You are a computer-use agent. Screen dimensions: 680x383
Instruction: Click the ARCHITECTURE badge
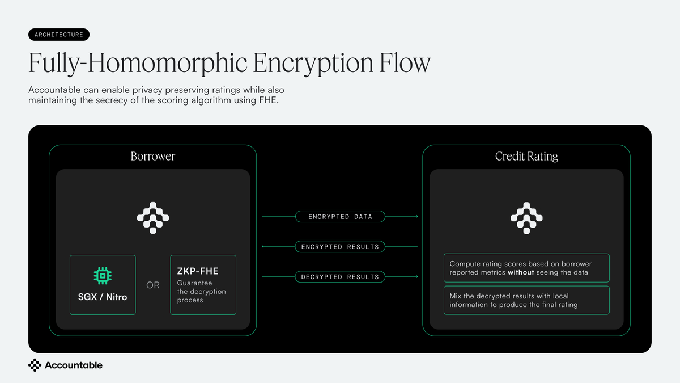pos(59,35)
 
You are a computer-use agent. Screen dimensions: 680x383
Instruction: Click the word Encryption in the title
pos(313,64)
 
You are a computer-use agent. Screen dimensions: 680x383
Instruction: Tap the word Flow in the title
pos(405,62)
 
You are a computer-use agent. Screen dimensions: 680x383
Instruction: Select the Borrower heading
pos(152,156)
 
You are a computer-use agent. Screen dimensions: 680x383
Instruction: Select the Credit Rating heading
pos(526,156)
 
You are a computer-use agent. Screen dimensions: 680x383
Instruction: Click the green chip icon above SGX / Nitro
pos(103,276)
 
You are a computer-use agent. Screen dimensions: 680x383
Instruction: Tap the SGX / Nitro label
pos(103,297)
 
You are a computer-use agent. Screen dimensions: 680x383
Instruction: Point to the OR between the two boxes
pos(152,285)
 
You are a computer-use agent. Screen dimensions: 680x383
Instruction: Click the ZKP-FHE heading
pos(198,271)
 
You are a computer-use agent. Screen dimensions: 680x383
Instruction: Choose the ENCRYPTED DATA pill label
pos(340,217)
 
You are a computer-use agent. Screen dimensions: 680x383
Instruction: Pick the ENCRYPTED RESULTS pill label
pos(340,247)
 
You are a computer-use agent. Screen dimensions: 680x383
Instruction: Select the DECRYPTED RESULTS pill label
pos(340,277)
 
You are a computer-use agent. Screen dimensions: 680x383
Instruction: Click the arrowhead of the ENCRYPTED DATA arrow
pos(417,216)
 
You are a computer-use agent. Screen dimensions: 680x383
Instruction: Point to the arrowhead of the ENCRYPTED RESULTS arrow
pos(263,246)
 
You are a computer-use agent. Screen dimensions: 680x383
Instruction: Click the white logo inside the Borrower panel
pos(153,218)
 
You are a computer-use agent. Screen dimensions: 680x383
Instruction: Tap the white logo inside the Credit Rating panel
pos(526,218)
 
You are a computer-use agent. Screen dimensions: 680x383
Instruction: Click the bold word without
pos(521,272)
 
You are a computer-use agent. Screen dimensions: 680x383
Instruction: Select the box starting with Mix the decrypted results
pos(526,300)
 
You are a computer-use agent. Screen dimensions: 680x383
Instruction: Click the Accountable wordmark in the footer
pos(74,365)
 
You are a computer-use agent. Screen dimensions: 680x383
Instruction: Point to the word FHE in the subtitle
pos(269,100)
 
